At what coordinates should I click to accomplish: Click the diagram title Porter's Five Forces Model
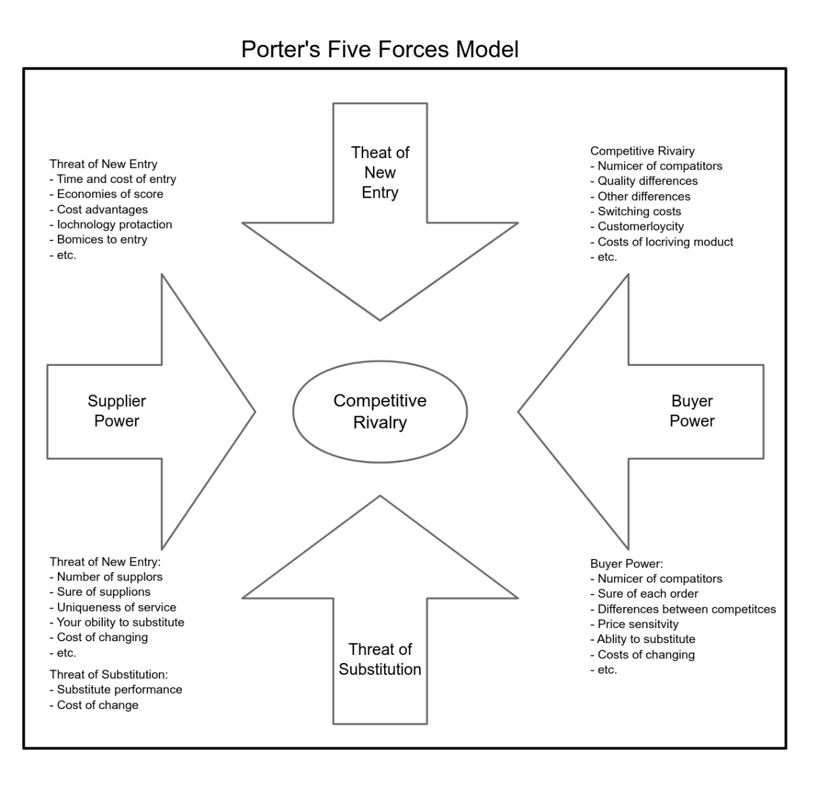[x=380, y=49]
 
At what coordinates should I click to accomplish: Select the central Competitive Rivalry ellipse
[x=380, y=411]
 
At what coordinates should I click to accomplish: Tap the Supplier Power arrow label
[x=117, y=411]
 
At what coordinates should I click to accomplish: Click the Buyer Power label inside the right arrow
[x=692, y=411]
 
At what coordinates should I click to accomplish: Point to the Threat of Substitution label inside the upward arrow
[x=380, y=659]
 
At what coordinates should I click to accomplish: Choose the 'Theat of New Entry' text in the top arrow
[x=380, y=172]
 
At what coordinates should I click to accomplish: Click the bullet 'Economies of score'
[x=109, y=194]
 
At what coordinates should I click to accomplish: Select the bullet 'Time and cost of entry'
[x=116, y=179]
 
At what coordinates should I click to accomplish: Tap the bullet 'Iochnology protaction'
[x=114, y=224]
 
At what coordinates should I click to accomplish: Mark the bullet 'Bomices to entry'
[x=101, y=240]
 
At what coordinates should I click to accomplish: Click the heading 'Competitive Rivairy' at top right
[x=642, y=151]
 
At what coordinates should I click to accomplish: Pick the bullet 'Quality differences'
[x=647, y=181]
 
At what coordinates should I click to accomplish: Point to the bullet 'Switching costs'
[x=639, y=211]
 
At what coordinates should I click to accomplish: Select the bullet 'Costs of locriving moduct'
[x=665, y=242]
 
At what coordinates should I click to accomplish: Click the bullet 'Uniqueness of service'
[x=116, y=607]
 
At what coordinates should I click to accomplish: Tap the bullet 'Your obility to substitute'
[x=120, y=622]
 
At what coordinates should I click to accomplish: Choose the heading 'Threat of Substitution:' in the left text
[x=109, y=674]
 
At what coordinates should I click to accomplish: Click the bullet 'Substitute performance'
[x=119, y=689]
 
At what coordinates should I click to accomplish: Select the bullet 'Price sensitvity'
[x=637, y=624]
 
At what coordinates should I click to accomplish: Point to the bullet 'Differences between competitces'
[x=686, y=609]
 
